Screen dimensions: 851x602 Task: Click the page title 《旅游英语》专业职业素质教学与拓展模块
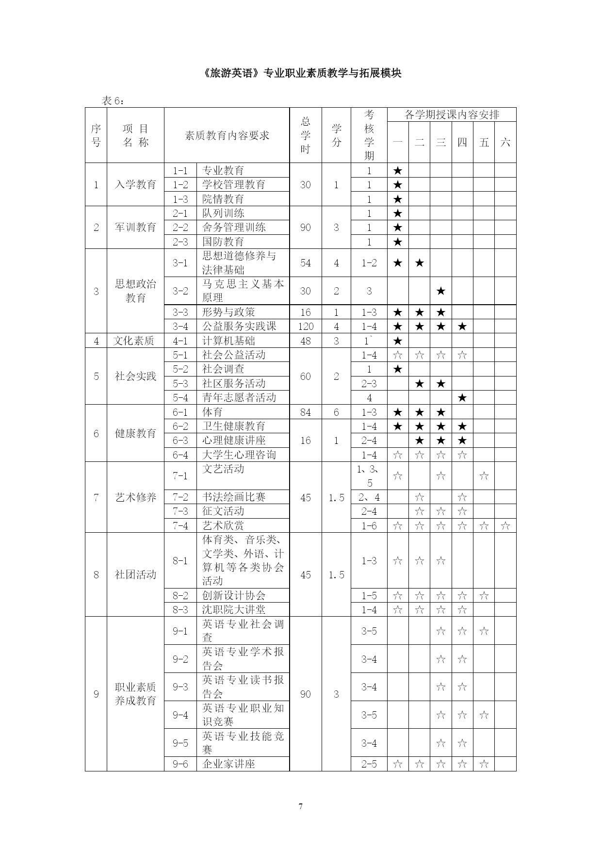[x=301, y=73]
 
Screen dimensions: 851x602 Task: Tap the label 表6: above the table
[x=113, y=100]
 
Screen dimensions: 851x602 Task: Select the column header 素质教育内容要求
[x=227, y=135]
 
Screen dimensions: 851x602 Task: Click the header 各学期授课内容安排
[x=452, y=115]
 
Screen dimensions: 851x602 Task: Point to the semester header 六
[x=505, y=142]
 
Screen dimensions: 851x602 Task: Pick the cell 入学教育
[x=135, y=185]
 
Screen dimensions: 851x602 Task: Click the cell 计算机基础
[x=228, y=341]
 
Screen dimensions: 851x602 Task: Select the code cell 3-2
[x=180, y=291]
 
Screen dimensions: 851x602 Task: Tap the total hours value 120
[x=306, y=327]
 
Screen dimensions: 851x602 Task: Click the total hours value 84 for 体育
[x=306, y=412]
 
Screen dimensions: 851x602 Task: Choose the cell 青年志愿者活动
[x=239, y=397]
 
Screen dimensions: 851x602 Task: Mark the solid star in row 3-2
[x=440, y=291]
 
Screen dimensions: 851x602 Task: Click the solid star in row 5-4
[x=462, y=398]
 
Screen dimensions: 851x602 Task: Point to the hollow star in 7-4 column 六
[x=505, y=525]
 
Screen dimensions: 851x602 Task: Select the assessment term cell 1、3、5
[x=369, y=475]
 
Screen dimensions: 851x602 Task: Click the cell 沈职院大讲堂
[x=234, y=610]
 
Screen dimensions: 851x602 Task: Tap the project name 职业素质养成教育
[x=135, y=694]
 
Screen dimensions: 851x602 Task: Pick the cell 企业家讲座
[x=228, y=764]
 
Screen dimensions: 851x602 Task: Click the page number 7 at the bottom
[x=301, y=806]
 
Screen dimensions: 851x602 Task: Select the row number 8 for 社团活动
[x=96, y=575]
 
